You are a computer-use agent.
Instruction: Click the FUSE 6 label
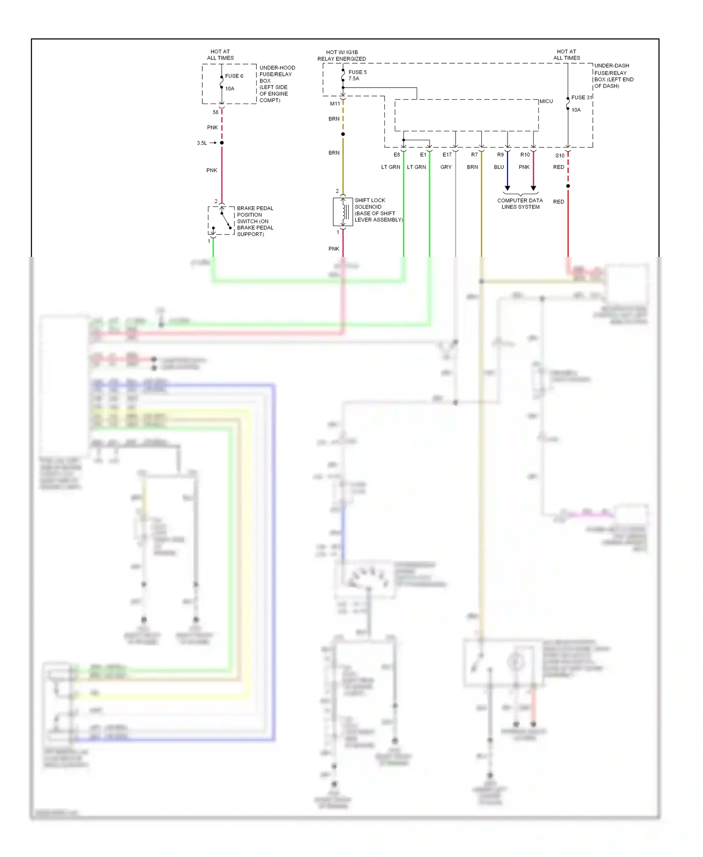(x=234, y=76)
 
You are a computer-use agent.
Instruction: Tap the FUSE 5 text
(x=358, y=72)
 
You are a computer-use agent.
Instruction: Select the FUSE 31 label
(x=581, y=98)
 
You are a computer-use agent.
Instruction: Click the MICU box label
(x=546, y=101)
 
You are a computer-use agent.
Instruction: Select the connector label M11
(x=335, y=104)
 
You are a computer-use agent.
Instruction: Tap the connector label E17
(x=447, y=155)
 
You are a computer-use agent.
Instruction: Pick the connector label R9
(x=501, y=155)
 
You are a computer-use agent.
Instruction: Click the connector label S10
(x=560, y=156)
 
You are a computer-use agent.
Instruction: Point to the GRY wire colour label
(x=446, y=167)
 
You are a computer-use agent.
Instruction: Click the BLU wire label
(x=499, y=167)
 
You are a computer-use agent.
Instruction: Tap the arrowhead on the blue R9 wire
(x=508, y=188)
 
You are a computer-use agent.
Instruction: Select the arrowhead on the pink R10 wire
(x=533, y=188)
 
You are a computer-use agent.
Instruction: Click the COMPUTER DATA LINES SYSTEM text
(x=520, y=203)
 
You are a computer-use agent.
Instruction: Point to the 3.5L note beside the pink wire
(x=202, y=143)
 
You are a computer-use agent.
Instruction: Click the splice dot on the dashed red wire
(x=568, y=186)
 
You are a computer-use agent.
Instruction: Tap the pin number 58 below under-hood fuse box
(x=215, y=113)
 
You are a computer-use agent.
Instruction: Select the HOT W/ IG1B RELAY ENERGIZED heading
(x=342, y=55)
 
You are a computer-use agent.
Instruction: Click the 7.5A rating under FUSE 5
(x=354, y=79)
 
